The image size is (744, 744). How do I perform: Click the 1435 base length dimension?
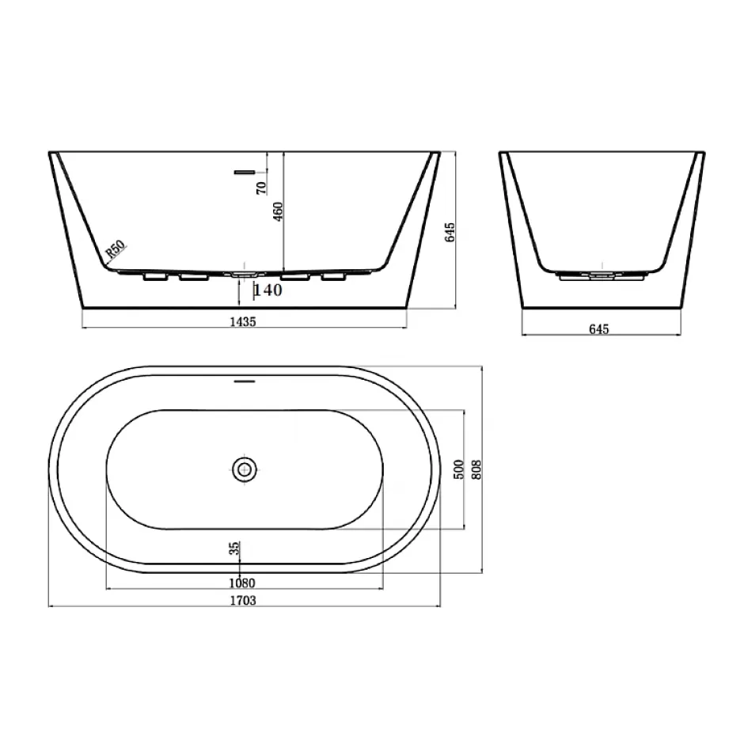point(243,321)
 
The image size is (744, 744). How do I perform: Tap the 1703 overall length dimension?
point(243,600)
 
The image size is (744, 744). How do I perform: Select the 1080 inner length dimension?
point(242,583)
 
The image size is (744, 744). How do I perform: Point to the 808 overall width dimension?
point(476,469)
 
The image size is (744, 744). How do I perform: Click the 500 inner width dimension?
point(458,469)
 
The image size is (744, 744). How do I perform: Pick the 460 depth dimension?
point(278,211)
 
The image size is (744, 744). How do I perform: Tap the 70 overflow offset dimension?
point(261,188)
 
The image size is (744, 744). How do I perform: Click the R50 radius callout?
point(116,249)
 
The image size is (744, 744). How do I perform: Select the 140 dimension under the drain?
point(268,290)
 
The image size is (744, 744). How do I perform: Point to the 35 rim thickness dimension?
point(234,549)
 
